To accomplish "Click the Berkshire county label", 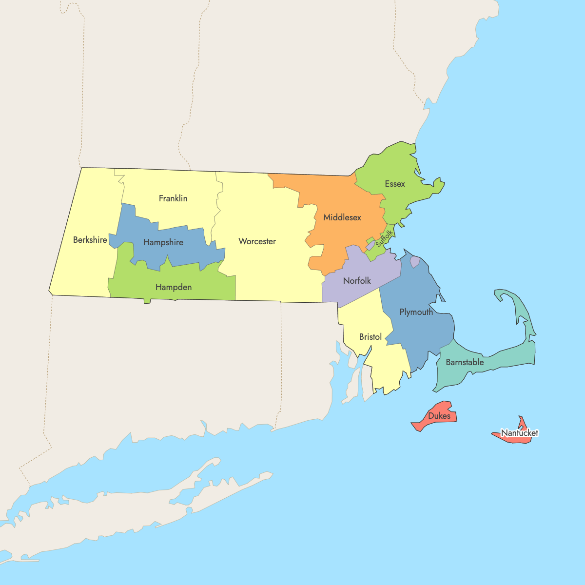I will (90, 240).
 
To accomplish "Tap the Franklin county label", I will (173, 198).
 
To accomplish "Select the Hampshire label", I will (163, 242).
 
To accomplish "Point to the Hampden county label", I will (174, 287).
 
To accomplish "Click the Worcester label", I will (257, 241).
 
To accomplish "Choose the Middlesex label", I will (342, 217).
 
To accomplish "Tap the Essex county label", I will (395, 184).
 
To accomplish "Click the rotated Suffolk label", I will (384, 237).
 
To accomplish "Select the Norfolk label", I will (357, 281).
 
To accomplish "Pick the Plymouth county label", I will (416, 312).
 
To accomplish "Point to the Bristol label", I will (370, 337).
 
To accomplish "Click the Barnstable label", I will (465, 362).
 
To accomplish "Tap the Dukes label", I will (439, 416).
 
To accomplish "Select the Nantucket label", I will (520, 433).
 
